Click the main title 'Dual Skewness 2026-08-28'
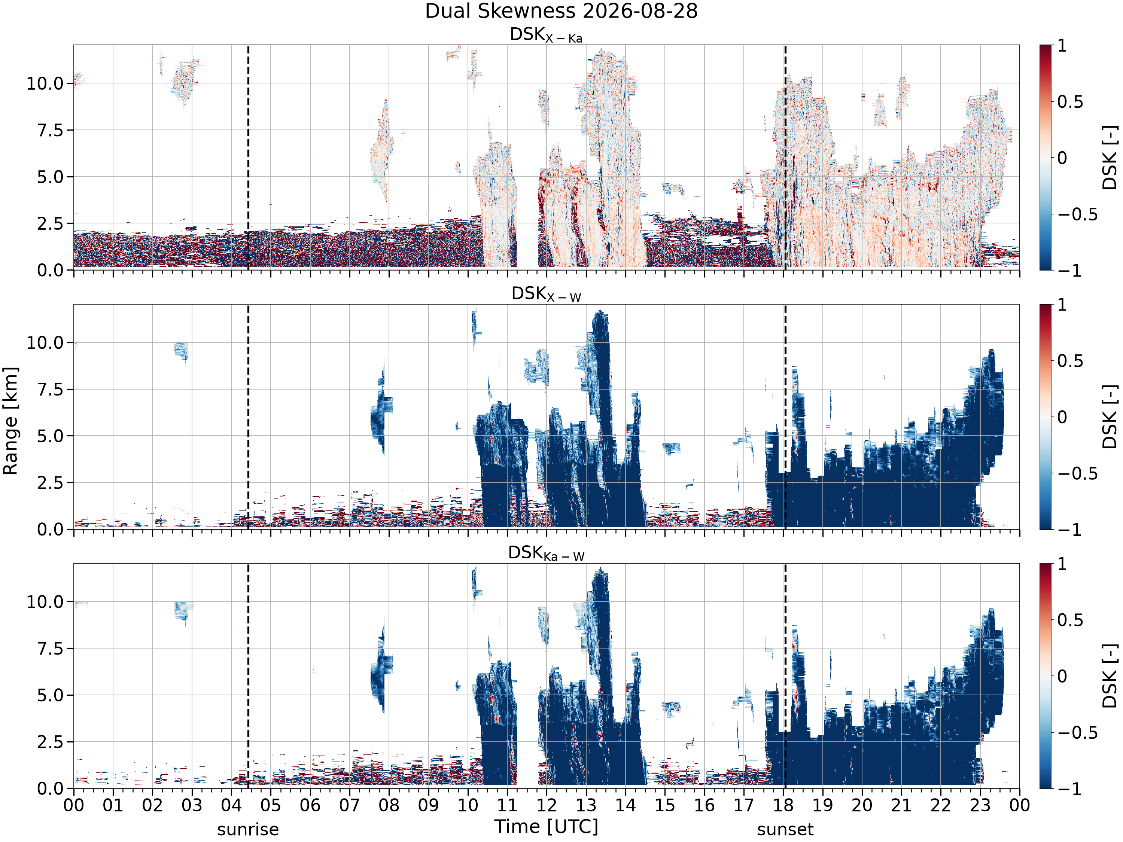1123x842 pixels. (561, 11)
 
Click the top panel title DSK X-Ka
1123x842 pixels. (546, 35)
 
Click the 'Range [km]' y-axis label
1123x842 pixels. (10, 421)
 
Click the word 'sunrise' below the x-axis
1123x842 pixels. (248, 829)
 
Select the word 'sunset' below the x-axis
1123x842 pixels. (785, 829)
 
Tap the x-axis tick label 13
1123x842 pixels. (586, 805)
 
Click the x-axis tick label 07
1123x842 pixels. (349, 805)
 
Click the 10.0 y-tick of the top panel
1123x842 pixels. (45, 83)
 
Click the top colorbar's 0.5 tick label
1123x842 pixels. (1070, 101)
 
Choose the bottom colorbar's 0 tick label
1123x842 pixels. (1062, 676)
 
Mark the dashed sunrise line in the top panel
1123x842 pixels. (248, 157)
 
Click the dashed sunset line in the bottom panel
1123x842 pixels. (785, 676)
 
